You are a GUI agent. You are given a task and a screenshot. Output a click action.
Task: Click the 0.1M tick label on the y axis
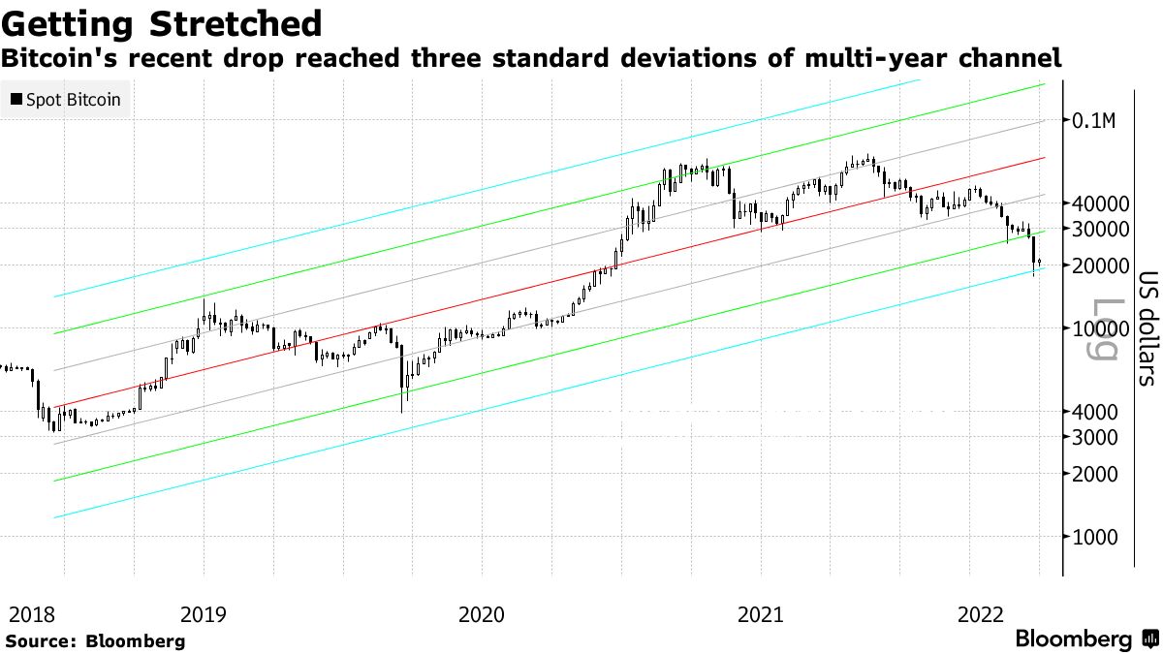[x=1095, y=121]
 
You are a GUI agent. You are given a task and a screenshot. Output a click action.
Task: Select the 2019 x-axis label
[x=204, y=614]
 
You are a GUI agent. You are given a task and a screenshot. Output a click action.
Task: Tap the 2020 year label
[x=482, y=614]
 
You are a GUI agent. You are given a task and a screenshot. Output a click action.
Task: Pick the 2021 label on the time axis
[x=760, y=614]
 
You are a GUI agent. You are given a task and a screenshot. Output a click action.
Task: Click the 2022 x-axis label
[x=980, y=614]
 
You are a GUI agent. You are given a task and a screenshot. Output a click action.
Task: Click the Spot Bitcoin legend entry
[x=65, y=99]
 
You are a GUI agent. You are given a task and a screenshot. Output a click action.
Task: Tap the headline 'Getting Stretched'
[x=162, y=23]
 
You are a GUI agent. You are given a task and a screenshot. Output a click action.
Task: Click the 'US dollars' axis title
[x=1146, y=327]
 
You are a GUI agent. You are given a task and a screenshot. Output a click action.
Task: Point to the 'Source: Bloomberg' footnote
[x=95, y=640]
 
